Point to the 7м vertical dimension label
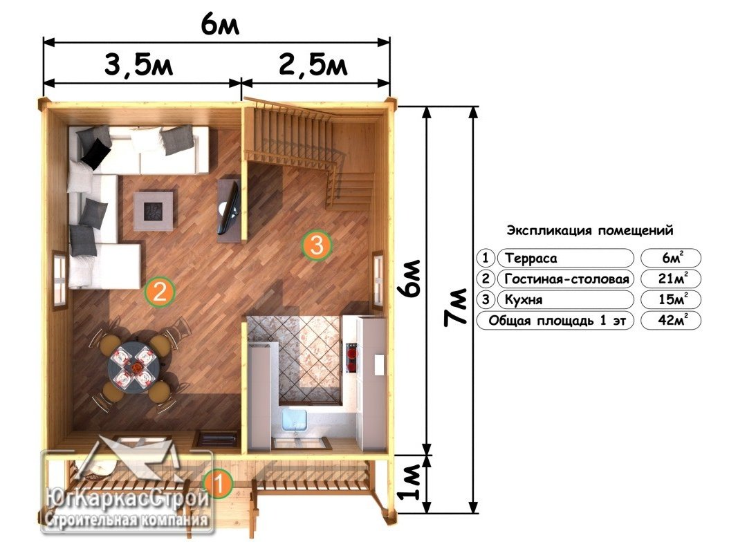[455, 307]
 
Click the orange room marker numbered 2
[160, 292]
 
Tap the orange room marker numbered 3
[317, 245]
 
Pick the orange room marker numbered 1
[218, 484]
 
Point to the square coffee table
[153, 210]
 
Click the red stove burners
[351, 355]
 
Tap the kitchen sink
[295, 420]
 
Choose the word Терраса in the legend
[531, 258]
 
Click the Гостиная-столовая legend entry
[566, 279]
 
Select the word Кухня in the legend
[524, 299]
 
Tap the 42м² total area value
[672, 320]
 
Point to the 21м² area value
[672, 279]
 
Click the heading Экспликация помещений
[590, 230]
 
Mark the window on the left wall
[59, 280]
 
